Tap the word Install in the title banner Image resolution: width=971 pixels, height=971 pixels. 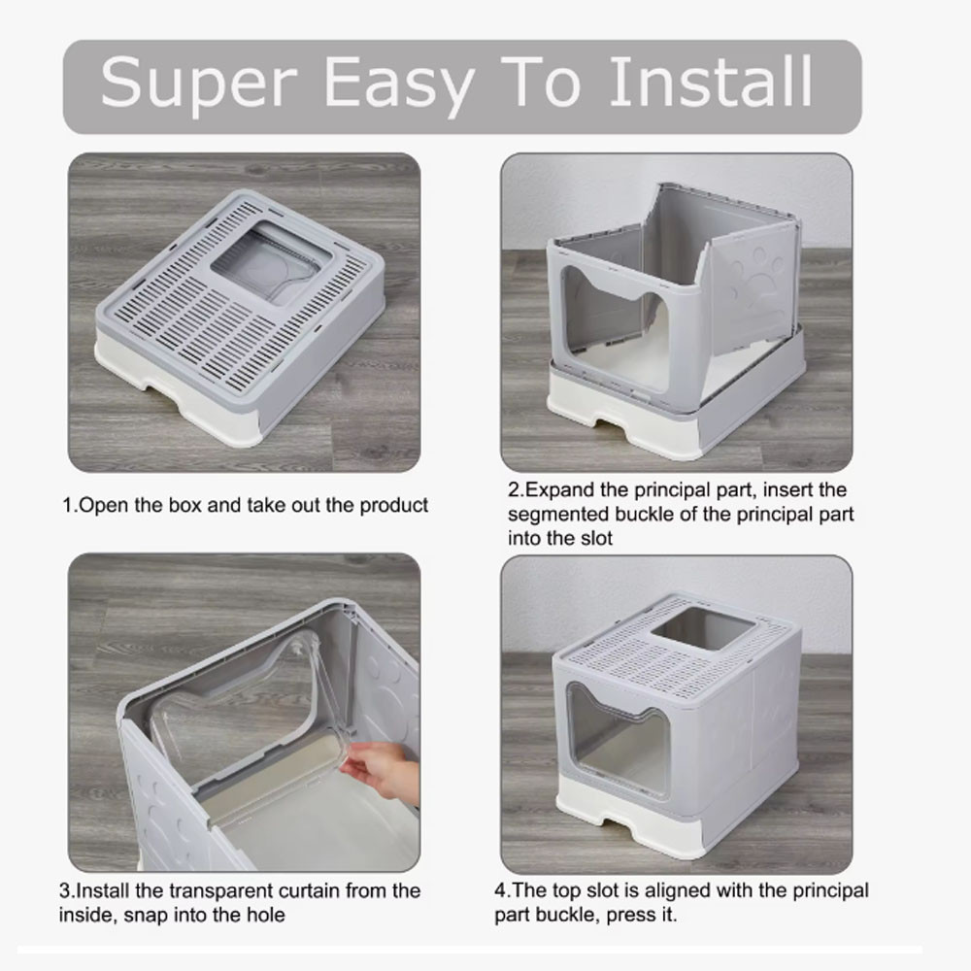tap(711, 83)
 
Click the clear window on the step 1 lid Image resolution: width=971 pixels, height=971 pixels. tap(271, 260)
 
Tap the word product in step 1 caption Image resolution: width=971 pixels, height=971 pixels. tap(395, 506)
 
